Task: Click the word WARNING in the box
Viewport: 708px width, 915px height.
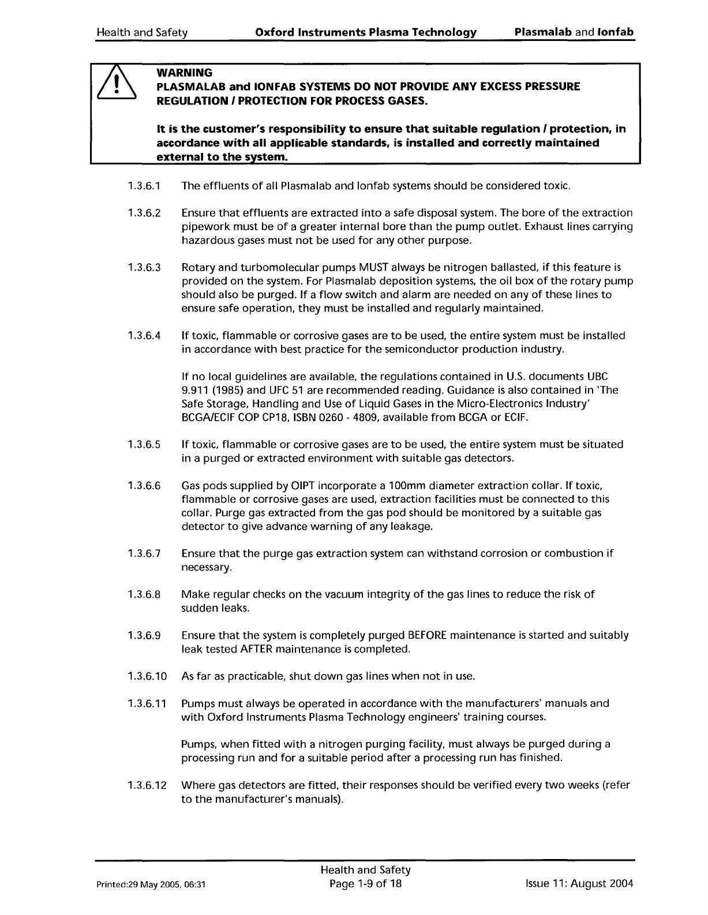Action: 185,73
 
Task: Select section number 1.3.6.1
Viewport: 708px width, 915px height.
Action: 144,186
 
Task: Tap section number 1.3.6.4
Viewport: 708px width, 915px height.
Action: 144,336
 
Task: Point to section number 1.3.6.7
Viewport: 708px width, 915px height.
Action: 144,554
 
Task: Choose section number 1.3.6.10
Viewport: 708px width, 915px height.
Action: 147,676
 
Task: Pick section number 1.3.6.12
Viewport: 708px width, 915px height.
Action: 147,785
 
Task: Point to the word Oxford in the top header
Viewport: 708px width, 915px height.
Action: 274,32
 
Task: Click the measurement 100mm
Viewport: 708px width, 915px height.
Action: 388,486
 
